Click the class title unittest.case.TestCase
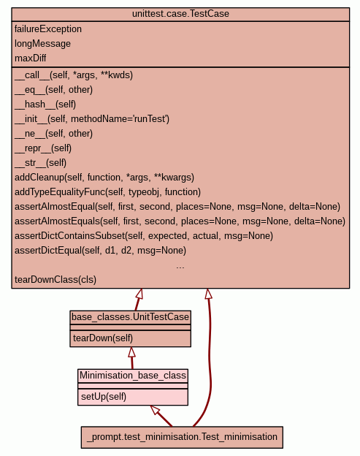(180, 14)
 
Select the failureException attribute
(48, 29)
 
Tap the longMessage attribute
(42, 44)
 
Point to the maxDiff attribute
(30, 58)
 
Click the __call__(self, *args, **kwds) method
(74, 75)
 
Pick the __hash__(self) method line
(45, 104)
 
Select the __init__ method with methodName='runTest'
(92, 118)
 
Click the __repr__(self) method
(43, 148)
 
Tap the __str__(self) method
(40, 162)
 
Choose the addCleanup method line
(104, 178)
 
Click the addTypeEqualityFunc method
(107, 192)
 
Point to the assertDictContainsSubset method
(144, 235)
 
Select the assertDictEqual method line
(100, 250)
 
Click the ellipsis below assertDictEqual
(180, 267)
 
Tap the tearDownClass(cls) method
(55, 279)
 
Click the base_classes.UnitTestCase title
(130, 316)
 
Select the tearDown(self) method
(103, 338)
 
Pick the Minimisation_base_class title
(133, 375)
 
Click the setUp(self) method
(104, 396)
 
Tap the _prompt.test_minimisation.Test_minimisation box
(182, 437)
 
